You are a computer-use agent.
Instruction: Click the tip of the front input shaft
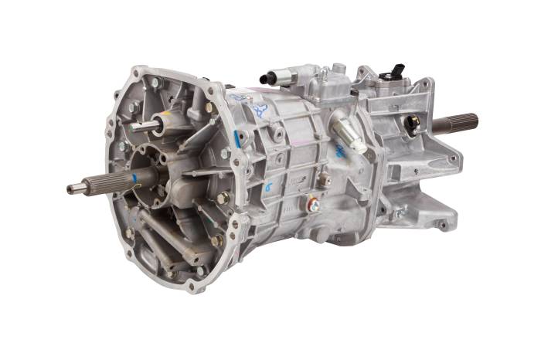(70, 188)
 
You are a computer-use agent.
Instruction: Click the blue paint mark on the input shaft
(133, 178)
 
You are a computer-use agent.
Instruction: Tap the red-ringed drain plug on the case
(313, 205)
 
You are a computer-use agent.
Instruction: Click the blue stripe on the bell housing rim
(234, 138)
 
